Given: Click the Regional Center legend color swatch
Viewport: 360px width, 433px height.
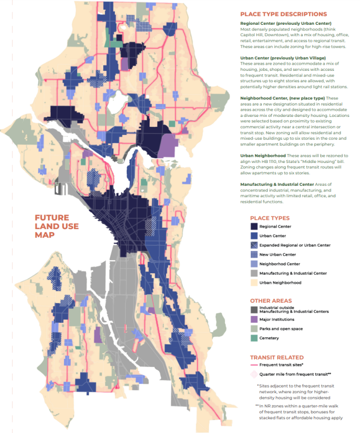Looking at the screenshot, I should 254,227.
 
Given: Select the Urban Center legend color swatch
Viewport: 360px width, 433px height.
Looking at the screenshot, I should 254,236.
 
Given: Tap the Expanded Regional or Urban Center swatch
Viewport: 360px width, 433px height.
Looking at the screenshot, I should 254,245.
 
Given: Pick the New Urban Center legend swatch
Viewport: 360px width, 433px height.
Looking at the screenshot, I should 254,255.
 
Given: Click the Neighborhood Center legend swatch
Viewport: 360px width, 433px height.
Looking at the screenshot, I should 254,264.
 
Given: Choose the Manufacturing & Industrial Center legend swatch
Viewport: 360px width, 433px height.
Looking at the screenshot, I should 254,273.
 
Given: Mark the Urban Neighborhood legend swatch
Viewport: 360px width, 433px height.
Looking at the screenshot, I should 254,282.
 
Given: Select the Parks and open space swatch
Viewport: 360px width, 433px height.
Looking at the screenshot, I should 254,329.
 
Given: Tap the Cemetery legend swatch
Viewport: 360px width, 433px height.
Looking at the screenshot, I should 254,338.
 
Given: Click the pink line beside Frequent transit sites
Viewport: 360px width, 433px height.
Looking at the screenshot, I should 254,365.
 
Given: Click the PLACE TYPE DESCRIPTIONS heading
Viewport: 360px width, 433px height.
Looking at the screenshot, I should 283,14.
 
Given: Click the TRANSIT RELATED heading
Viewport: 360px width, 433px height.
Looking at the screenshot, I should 277,357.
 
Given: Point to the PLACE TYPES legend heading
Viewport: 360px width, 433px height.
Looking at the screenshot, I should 270,218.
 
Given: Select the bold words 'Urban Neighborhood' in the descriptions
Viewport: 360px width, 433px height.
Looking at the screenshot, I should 263,156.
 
